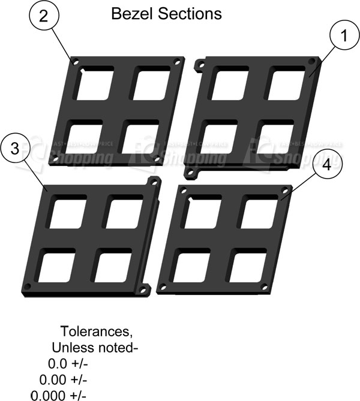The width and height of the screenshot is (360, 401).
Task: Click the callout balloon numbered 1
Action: (343, 37)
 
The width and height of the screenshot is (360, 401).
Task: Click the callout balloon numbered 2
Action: (43, 17)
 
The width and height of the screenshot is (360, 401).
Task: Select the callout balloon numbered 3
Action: (17, 147)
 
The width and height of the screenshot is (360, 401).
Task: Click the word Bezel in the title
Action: (130, 14)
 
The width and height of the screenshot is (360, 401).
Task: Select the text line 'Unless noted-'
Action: (95, 348)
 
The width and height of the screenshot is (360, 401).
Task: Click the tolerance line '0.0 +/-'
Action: (67, 364)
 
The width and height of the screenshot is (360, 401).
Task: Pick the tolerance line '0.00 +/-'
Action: (64, 380)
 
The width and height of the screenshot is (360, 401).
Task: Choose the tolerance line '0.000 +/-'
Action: (59, 396)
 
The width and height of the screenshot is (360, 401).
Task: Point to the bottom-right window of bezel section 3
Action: (113, 266)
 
